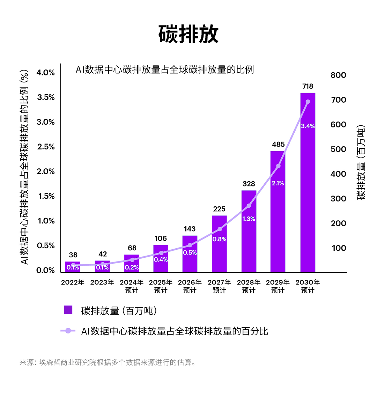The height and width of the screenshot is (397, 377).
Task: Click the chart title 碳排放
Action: point(188,34)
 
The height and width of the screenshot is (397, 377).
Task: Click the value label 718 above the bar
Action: point(308,86)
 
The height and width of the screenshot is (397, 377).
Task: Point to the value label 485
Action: point(278,144)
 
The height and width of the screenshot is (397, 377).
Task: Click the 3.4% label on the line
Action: point(308,126)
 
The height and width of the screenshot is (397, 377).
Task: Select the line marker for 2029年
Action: point(278,166)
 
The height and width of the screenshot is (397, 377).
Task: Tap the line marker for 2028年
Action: point(249,206)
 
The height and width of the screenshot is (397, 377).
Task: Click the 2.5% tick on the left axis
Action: point(46,147)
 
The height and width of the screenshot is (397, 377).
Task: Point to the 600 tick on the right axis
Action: point(338,125)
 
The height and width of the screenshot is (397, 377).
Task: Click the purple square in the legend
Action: point(68,310)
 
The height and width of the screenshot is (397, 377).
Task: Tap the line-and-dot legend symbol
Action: point(68,331)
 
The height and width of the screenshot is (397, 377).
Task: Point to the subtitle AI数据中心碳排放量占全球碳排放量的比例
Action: point(164,69)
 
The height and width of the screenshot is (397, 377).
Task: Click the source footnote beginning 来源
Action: point(108,362)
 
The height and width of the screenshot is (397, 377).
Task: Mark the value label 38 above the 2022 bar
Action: point(73,255)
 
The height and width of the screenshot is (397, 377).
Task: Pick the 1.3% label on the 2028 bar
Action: point(249,219)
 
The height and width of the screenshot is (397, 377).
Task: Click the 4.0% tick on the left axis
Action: point(46,73)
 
